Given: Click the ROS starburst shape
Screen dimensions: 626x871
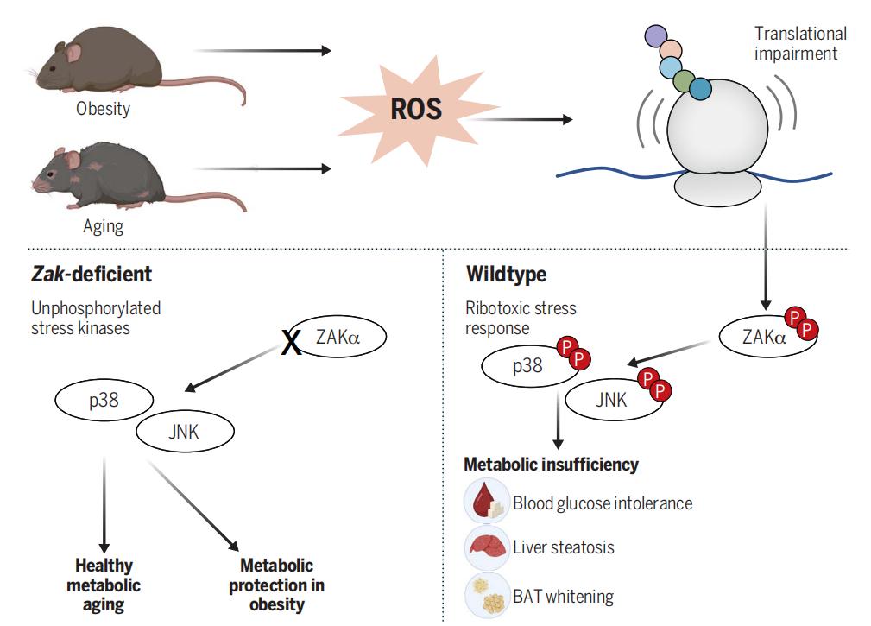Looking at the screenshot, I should pos(415,110).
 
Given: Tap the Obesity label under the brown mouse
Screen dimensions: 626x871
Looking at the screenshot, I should pos(103,110).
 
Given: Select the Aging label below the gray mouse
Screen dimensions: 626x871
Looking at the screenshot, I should pos(103,227).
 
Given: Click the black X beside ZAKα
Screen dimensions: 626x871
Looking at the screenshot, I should pos(293,344).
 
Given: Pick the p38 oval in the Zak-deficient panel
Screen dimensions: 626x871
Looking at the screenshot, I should pos(104,400).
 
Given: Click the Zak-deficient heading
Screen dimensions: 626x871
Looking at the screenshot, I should pos(91,275).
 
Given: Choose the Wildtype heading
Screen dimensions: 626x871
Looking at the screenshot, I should pos(506,275).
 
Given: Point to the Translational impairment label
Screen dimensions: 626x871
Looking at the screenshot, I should pos(800,43).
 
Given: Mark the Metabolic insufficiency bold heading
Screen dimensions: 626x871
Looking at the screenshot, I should pos(551,465).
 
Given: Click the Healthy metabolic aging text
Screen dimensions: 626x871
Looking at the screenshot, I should pos(104,585).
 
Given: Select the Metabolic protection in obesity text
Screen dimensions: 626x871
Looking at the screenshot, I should pos(276,585).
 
